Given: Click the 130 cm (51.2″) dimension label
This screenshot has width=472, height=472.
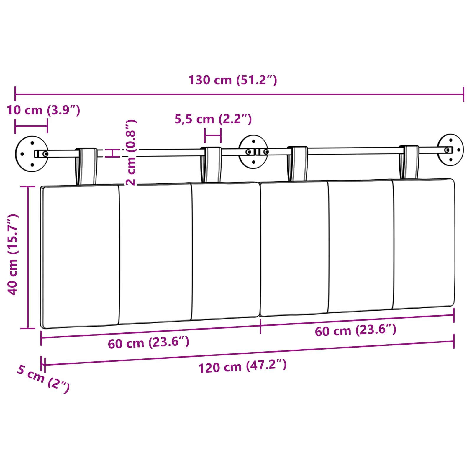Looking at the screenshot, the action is pyautogui.click(x=233, y=80).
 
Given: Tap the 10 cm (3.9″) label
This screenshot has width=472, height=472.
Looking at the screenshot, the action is pyautogui.click(x=43, y=110).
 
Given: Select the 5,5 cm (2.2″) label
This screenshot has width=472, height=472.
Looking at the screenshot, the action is pyautogui.click(x=213, y=119).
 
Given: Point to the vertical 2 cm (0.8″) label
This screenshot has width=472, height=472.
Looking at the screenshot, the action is pyautogui.click(x=131, y=153).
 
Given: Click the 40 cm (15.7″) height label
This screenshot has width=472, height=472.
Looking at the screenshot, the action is pyautogui.click(x=13, y=254).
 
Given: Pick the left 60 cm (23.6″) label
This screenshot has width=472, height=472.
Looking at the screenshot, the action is pyautogui.click(x=148, y=342).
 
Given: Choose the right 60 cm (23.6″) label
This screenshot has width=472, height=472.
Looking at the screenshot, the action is pyautogui.click(x=355, y=330).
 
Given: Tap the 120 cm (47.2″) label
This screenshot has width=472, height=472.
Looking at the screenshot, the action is pyautogui.click(x=242, y=367).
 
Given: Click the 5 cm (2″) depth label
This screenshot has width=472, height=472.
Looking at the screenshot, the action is pyautogui.click(x=43, y=379).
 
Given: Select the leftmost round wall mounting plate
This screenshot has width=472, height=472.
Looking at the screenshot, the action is pyautogui.click(x=32, y=154).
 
